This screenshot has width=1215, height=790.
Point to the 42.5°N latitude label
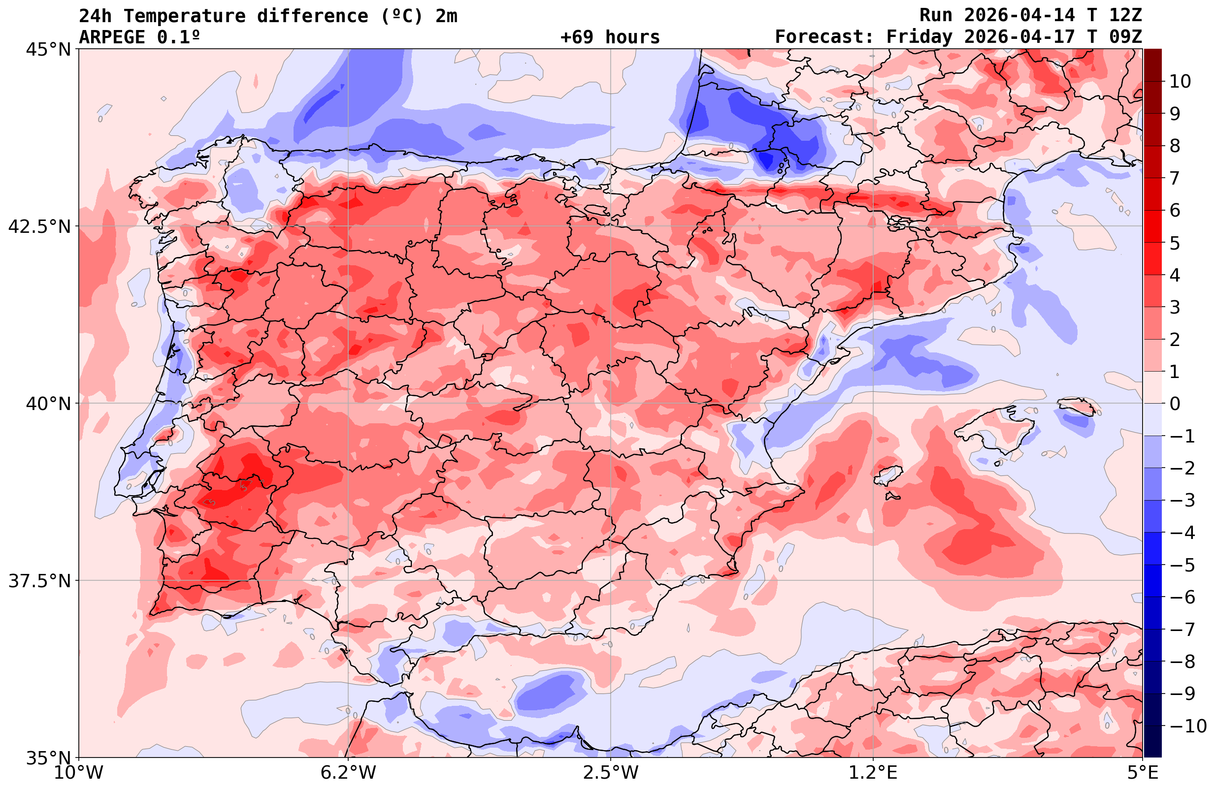(39, 226)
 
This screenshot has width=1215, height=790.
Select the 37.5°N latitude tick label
(39, 581)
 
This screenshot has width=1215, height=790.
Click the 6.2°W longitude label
(348, 773)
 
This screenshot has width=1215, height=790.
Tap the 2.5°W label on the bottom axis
(611, 773)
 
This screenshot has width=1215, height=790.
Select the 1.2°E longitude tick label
(874, 773)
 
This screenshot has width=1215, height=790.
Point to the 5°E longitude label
(1143, 773)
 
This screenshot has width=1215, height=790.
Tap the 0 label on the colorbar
(1175, 404)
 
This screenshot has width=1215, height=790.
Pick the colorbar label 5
(1175, 243)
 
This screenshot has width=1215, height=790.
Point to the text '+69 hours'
(610, 37)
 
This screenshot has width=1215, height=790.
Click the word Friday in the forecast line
(919, 37)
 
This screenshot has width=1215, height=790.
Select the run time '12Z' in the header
(1125, 16)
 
